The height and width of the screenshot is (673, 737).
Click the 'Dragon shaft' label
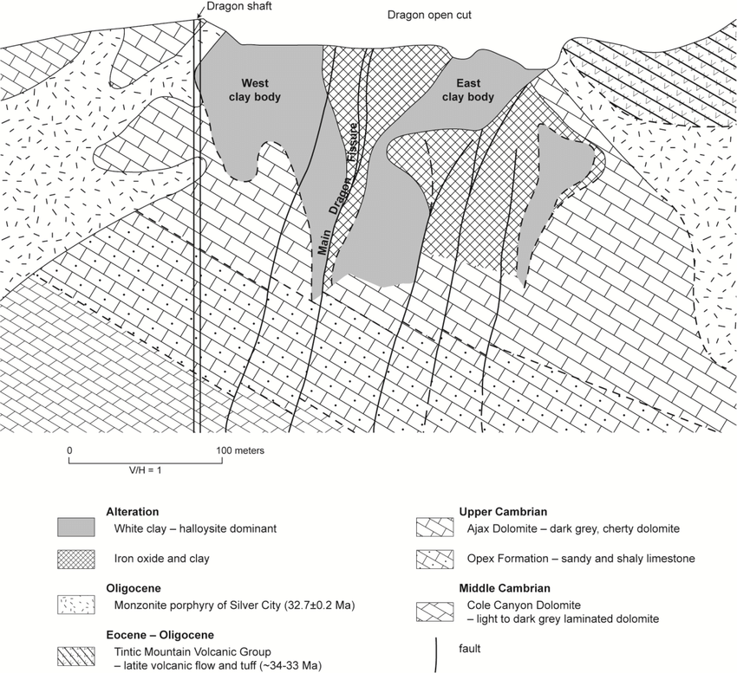232,9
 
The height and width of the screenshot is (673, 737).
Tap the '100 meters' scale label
240,451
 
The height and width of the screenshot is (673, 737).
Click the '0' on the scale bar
68,451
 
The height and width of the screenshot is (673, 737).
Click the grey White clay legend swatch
81,527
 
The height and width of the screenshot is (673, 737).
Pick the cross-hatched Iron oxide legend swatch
81,559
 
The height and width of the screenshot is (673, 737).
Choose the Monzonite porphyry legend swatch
81,603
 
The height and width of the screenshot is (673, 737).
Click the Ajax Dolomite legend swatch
436,527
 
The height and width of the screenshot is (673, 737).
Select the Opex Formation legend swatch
436,559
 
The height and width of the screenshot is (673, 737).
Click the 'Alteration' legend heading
133,512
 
